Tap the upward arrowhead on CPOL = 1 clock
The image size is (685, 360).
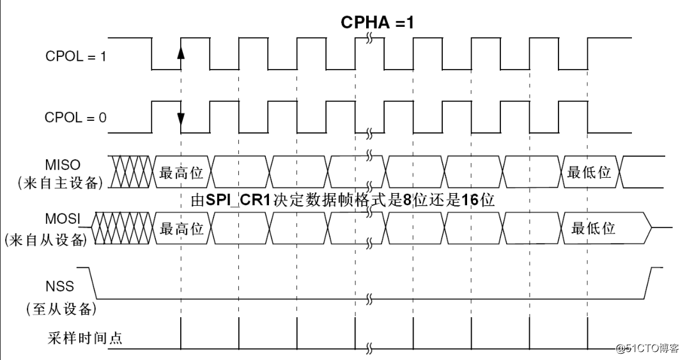[181, 52]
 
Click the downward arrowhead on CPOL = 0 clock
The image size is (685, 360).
[181, 119]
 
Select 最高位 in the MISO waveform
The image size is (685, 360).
[181, 173]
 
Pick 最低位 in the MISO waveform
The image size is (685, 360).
[589, 173]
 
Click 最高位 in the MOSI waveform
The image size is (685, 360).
[181, 228]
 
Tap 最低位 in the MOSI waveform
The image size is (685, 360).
[593, 228]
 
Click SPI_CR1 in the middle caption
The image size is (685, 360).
[238, 200]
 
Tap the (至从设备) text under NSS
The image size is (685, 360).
[61, 309]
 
